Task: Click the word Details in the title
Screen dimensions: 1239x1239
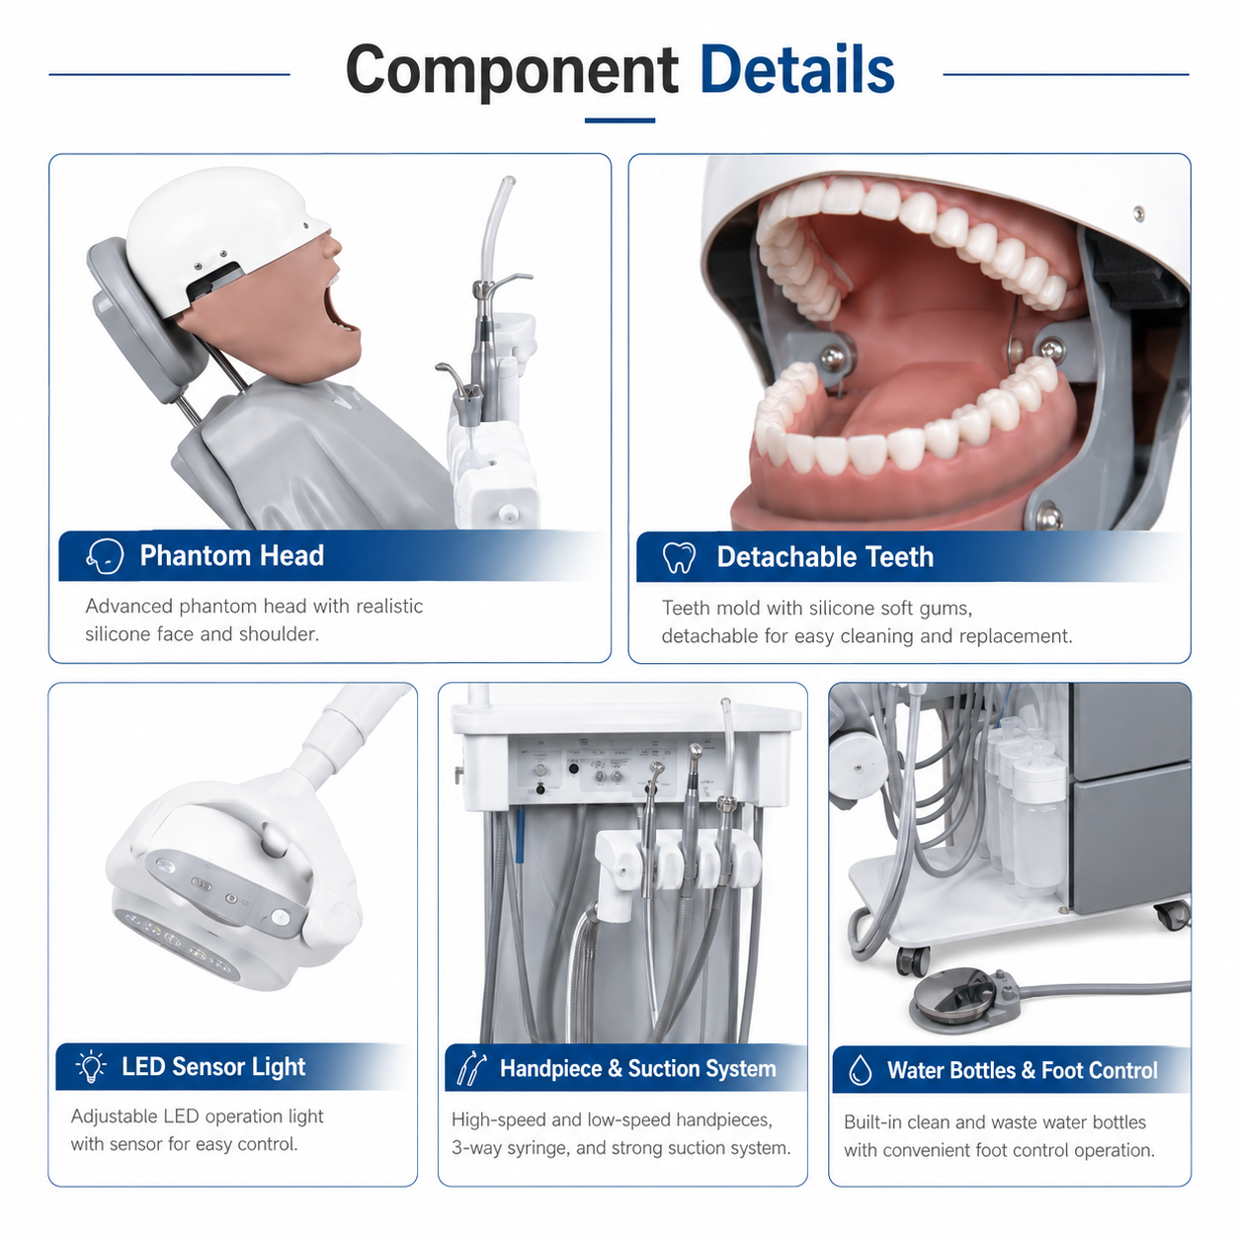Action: tap(796, 69)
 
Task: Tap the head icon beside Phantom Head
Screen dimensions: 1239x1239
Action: tap(104, 556)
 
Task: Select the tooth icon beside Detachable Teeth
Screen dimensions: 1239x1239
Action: tap(679, 557)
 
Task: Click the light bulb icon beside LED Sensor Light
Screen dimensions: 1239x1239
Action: tap(91, 1067)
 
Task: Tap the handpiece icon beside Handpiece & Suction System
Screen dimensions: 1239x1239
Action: tap(471, 1068)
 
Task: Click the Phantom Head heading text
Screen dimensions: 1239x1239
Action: tap(231, 556)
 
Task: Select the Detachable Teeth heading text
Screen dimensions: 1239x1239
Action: tap(825, 557)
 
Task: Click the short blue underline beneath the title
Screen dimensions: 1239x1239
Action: tap(619, 121)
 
